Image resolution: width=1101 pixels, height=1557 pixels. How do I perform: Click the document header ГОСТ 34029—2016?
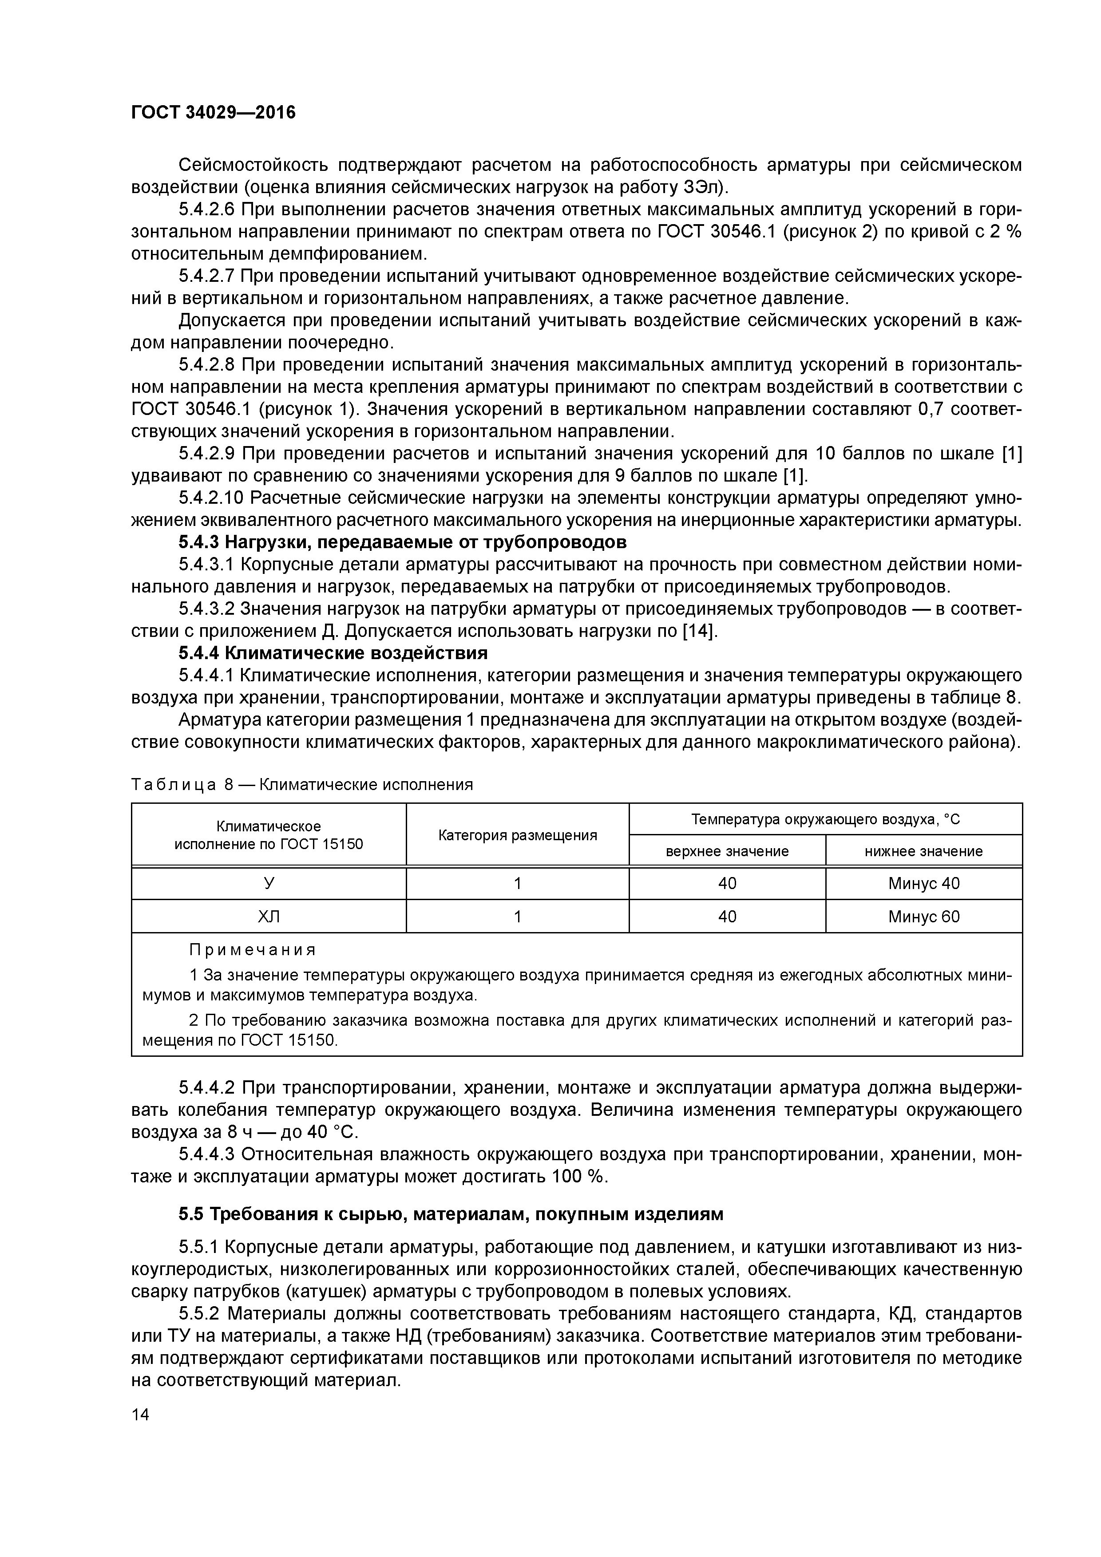[x=213, y=112]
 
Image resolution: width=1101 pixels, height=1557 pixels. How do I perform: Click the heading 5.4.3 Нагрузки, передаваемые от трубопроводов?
[x=402, y=542]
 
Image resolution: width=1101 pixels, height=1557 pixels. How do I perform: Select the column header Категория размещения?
[x=518, y=835]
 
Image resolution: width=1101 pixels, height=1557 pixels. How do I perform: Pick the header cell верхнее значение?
[x=727, y=851]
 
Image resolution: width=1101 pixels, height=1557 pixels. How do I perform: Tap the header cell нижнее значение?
[x=923, y=851]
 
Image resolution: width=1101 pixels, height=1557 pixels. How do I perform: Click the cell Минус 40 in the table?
[x=923, y=884]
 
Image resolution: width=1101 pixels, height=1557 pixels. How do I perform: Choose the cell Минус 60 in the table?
[x=923, y=917]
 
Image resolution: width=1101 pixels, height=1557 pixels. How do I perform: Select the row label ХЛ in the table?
[x=269, y=917]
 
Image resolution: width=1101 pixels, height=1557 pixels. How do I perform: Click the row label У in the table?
[x=269, y=884]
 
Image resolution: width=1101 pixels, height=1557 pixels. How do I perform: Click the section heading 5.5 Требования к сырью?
[x=451, y=1214]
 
